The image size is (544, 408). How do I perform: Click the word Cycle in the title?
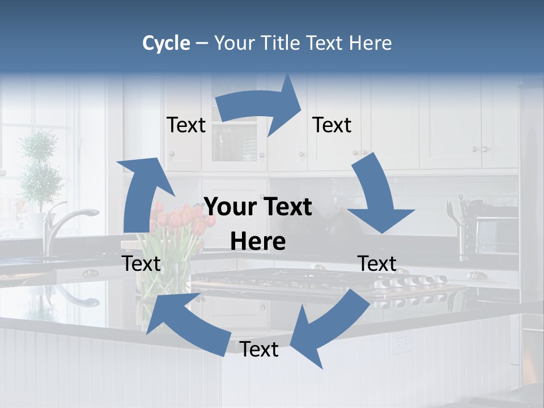[x=166, y=43]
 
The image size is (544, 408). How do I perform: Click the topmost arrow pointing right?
[x=261, y=108]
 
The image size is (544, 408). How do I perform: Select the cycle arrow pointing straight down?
[x=377, y=195]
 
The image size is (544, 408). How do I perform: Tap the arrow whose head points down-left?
[x=329, y=326]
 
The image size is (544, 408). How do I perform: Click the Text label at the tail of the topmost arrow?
[x=186, y=125]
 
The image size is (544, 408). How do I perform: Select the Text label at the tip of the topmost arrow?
[x=332, y=125]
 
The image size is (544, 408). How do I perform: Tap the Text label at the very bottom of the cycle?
[x=259, y=350]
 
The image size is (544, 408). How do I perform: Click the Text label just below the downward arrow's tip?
[x=377, y=263]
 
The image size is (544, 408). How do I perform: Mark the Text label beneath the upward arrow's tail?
[x=141, y=263]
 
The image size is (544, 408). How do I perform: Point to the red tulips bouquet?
[x=178, y=221]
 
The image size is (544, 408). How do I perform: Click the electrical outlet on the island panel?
[x=401, y=342]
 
